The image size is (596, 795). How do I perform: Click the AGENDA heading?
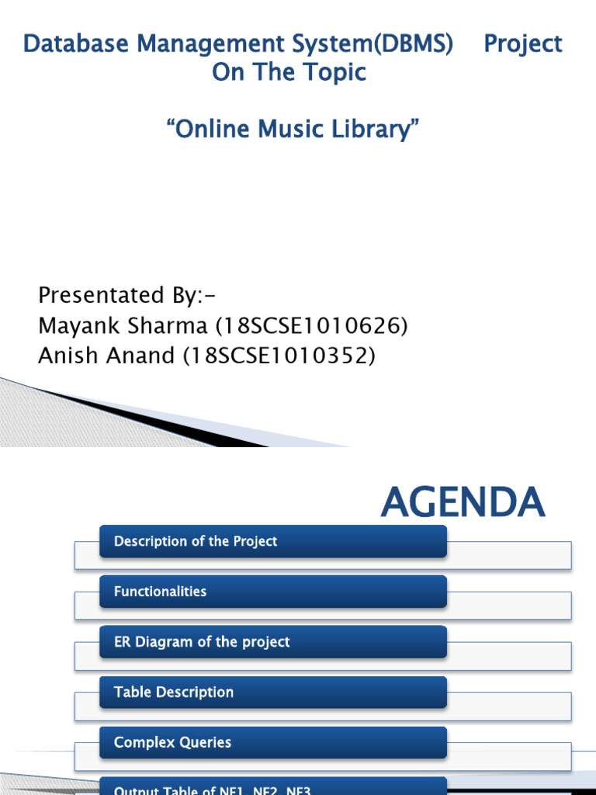[x=463, y=502]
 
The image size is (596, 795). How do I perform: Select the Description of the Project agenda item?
[x=196, y=541]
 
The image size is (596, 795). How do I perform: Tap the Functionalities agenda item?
[x=161, y=592]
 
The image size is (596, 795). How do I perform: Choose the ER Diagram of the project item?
[x=202, y=642]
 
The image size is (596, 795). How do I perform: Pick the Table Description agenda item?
[x=174, y=692]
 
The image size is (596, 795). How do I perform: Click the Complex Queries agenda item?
[x=173, y=742]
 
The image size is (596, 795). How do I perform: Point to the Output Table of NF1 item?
[x=213, y=790]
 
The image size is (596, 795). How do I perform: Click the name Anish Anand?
[x=106, y=356]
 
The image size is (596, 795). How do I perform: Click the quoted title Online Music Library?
[x=293, y=129]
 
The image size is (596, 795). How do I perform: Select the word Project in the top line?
[x=523, y=44]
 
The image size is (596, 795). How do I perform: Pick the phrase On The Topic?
[x=289, y=72]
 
